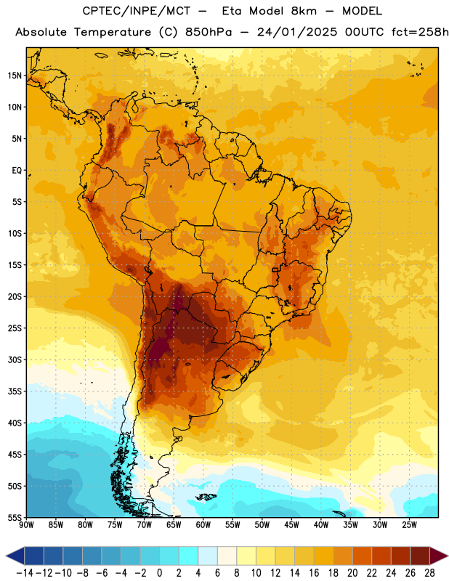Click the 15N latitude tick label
coord(15,76)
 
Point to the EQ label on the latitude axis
coord(17,171)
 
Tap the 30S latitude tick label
coord(15,359)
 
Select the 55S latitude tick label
coord(15,517)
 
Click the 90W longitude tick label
coord(27,525)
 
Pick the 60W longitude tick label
coord(203,525)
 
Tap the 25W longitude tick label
coord(409,525)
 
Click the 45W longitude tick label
coord(291,525)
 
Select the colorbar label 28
coord(429,573)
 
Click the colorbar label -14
coord(25,573)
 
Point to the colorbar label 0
coord(159,573)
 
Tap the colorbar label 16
coord(314,573)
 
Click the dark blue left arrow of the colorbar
coord(15,556)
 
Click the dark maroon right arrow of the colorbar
coord(439,556)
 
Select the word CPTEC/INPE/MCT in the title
coord(136,11)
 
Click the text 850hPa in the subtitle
coord(209,32)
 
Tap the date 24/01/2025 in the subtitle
coord(297,32)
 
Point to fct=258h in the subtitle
coord(420,32)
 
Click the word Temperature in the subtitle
coord(113,33)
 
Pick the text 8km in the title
coord(304,11)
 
